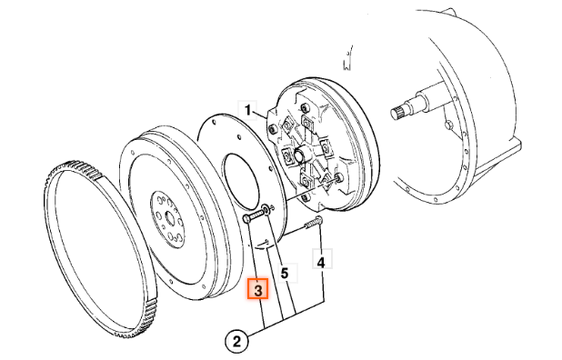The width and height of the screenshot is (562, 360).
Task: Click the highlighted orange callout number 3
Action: (x=257, y=289)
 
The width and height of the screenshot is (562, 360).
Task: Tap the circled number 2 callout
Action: (x=236, y=341)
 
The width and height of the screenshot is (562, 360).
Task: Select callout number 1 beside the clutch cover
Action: (x=248, y=110)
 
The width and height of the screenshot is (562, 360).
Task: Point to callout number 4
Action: (x=322, y=262)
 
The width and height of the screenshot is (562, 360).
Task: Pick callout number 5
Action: (x=285, y=274)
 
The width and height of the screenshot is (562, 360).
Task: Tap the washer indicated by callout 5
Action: (x=266, y=210)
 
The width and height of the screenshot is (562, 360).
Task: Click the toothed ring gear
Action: (x=101, y=250)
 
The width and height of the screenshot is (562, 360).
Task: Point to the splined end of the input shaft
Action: (x=397, y=113)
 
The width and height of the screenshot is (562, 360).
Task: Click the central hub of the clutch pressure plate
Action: (x=299, y=155)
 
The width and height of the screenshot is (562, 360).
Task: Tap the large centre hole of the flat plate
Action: (x=240, y=181)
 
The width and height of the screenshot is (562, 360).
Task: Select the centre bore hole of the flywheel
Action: (x=168, y=216)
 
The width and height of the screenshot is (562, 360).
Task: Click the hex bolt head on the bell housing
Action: (x=449, y=125)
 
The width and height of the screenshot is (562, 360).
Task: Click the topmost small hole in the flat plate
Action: (x=214, y=123)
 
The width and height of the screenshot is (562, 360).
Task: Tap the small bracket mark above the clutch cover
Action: (x=347, y=59)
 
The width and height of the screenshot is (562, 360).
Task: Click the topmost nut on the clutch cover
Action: (x=305, y=106)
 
